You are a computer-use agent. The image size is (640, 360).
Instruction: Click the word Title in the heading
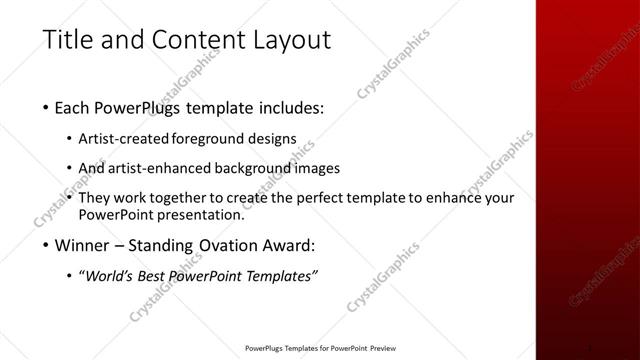70,40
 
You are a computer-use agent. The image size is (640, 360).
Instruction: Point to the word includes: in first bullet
289,107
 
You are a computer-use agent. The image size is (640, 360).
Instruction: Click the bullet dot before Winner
47,244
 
